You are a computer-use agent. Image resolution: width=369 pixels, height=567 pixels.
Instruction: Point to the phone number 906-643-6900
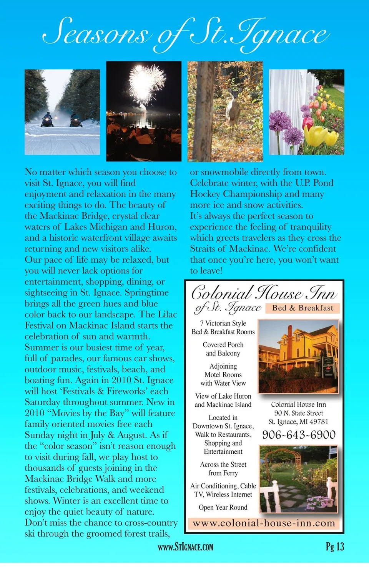click(299, 435)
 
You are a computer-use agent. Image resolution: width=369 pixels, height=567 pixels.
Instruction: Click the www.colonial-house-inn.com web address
click(264, 523)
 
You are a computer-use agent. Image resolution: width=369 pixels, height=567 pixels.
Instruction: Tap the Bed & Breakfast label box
click(303, 308)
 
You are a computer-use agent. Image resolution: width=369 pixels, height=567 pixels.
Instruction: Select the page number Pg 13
click(335, 547)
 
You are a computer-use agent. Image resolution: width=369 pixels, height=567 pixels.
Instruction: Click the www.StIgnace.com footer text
click(185, 547)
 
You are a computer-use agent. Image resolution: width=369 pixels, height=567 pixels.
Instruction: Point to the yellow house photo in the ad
click(298, 355)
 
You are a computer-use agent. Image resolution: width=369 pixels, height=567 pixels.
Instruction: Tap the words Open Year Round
click(223, 507)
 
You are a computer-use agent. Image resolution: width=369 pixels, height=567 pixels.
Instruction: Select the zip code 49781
click(319, 422)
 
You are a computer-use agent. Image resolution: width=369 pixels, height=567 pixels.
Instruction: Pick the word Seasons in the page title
click(96, 33)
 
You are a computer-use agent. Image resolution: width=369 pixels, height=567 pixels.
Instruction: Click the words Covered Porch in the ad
click(223, 345)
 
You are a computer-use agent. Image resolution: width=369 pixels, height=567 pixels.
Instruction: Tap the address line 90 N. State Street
click(298, 413)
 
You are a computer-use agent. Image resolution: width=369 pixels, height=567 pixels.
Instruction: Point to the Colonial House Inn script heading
click(264, 294)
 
